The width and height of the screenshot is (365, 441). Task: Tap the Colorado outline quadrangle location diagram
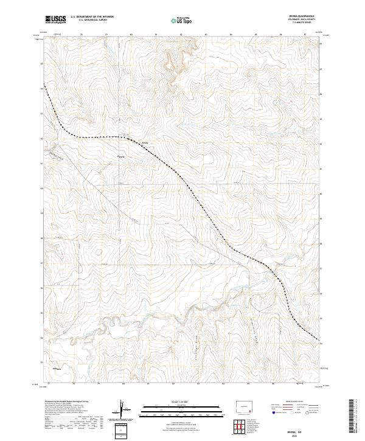246,405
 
